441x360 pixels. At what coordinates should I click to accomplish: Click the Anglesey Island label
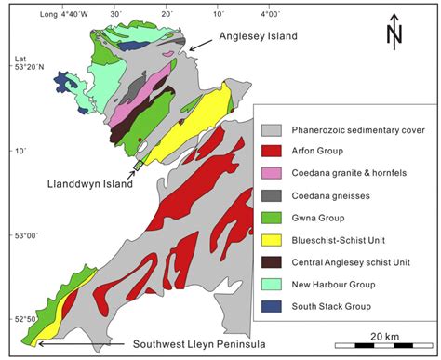click(x=264, y=36)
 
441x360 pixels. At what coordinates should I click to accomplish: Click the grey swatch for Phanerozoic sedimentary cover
click(x=274, y=130)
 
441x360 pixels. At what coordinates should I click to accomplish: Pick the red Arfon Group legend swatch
click(x=274, y=151)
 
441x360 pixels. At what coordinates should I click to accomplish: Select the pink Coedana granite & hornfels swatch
click(x=274, y=173)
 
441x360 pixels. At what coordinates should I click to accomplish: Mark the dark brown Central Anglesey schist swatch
click(x=274, y=261)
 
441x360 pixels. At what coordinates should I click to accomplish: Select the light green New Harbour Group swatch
click(x=274, y=284)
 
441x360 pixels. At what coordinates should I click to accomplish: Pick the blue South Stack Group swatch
click(x=274, y=306)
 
